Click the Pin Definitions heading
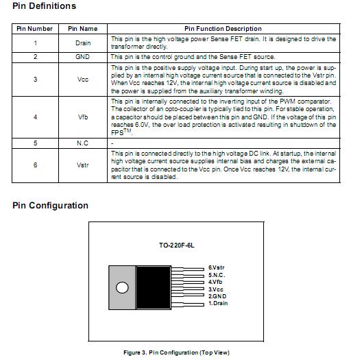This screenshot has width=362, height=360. tap(45, 6)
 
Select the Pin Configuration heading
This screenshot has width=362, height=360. tap(50, 206)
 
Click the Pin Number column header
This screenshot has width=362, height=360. tap(35, 29)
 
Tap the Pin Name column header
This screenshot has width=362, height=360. tap(83, 29)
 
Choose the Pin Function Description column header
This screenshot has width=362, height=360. tap(224, 29)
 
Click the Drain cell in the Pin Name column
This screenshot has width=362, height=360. tap(83, 43)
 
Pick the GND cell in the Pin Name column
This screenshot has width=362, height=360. tap(83, 57)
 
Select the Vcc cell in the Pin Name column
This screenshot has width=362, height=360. tap(83, 80)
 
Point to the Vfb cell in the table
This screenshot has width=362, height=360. tap(83, 117)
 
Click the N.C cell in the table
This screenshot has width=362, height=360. tap(83, 143)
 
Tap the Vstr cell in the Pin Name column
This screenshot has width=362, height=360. tap(83, 165)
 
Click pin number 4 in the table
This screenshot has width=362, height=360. tap(35, 117)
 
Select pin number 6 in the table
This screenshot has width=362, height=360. tap(35, 165)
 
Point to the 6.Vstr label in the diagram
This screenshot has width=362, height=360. tap(217, 267)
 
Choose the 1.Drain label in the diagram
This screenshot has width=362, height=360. tap(219, 303)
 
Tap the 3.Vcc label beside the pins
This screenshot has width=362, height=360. tap(217, 289)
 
